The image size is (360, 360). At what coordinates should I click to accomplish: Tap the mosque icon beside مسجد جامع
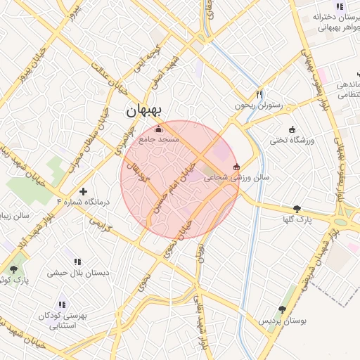tap(158, 129)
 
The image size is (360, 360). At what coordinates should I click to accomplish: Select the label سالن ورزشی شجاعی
tap(231, 178)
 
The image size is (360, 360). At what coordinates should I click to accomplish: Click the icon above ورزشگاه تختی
tap(292, 129)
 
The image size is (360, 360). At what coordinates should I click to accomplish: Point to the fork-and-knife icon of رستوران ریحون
tap(259, 94)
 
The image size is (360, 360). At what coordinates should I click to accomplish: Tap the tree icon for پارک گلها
tap(297, 208)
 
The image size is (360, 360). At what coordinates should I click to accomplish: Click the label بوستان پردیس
tap(284, 321)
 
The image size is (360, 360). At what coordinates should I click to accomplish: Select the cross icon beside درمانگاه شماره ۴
tap(83, 191)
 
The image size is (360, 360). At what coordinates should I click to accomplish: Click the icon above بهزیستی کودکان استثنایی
tap(62, 304)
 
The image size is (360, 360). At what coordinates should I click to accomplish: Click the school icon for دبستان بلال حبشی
tap(77, 262)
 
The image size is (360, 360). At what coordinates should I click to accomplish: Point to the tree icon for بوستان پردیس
tap(282, 309)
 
